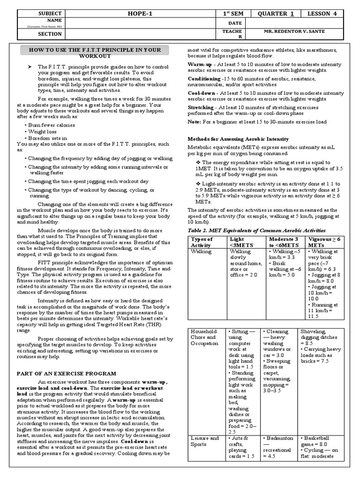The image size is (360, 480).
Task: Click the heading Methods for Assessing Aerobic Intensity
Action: tap(238, 139)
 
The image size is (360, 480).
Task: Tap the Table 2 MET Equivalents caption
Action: tap(256, 231)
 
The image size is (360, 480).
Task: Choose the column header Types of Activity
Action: tap(202, 242)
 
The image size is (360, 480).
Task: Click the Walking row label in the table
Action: tap(201, 251)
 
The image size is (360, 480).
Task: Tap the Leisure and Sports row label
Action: tap(204, 441)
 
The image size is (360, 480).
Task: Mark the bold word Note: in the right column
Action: tap(195, 121)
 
